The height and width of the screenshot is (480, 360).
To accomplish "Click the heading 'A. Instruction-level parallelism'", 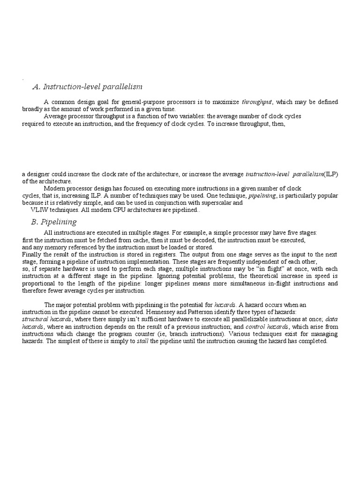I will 87,87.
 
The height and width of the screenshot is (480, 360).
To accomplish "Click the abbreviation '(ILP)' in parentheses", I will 331,174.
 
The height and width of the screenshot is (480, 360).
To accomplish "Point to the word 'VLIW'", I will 39,210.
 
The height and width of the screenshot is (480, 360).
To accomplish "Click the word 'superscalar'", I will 215,203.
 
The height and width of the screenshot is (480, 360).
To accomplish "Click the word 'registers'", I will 136,254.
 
